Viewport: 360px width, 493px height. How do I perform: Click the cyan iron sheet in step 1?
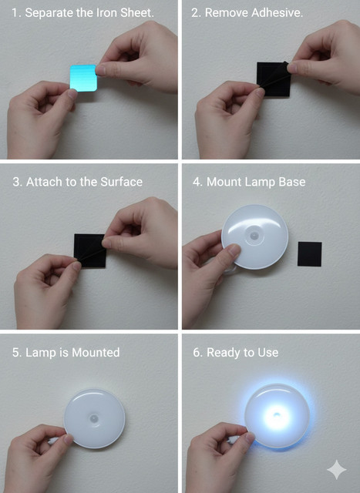click(x=83, y=79)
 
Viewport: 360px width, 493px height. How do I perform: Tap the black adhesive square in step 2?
click(x=274, y=79)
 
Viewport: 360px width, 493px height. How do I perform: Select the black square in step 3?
click(x=90, y=250)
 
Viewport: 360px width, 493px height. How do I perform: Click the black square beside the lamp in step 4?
click(x=310, y=254)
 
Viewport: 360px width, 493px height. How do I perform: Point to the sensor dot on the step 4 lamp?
click(x=254, y=236)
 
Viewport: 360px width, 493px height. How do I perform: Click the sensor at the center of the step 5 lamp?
click(x=94, y=418)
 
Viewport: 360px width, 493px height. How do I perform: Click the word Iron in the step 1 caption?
click(x=108, y=13)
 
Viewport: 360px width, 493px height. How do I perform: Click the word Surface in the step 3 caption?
click(x=122, y=182)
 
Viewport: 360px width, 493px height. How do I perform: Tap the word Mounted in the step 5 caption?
click(x=96, y=353)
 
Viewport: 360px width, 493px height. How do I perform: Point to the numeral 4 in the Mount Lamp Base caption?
click(x=197, y=182)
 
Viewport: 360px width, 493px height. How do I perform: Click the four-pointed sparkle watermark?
click(x=337, y=469)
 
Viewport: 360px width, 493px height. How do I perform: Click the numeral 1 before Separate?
click(x=15, y=13)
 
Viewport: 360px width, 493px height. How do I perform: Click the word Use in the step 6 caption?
click(x=268, y=353)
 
